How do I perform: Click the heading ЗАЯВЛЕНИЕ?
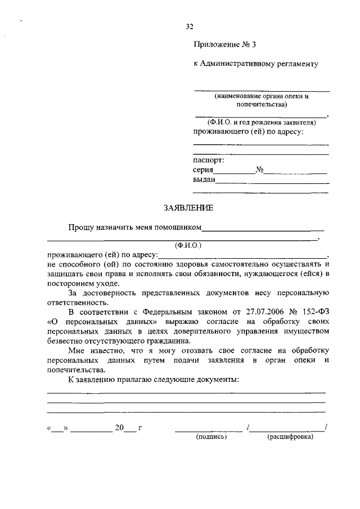(x=188, y=208)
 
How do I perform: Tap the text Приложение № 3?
(x=220, y=44)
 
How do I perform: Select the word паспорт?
(x=209, y=160)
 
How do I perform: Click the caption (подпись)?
(x=211, y=436)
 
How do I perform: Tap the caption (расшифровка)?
(x=290, y=436)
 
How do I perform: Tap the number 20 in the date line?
(x=119, y=428)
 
